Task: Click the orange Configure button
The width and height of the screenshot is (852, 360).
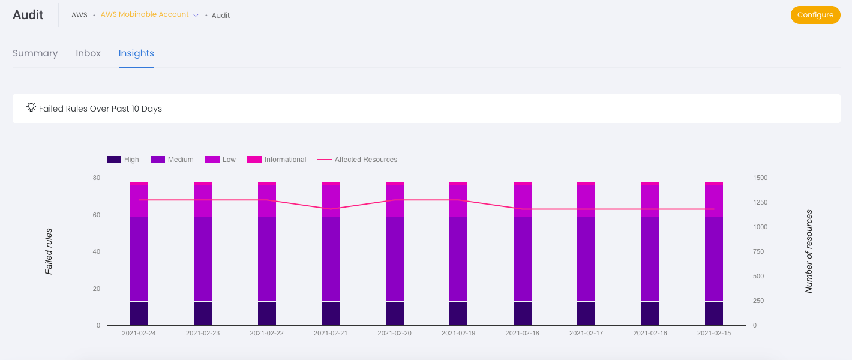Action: pos(815,15)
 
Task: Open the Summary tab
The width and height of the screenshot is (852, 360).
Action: pos(35,53)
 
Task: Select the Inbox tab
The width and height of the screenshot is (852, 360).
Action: pos(88,53)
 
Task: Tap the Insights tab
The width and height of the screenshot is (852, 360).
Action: pos(136,53)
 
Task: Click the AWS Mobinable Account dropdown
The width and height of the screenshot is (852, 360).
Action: pos(149,14)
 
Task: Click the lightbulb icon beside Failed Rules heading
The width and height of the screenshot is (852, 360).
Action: pos(31,108)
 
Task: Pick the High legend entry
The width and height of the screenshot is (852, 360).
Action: pos(123,160)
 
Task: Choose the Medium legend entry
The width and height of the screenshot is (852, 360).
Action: pos(172,160)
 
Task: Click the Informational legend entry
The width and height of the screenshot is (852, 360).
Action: pos(277,160)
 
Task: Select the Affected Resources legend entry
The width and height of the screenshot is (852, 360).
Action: pos(358,160)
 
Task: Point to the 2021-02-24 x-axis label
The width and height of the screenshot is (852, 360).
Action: pos(139,332)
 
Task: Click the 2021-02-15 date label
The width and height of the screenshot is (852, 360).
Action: pos(714,332)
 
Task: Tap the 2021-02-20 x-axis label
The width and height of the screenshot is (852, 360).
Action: pos(394,332)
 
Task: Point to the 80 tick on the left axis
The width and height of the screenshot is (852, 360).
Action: pos(97,178)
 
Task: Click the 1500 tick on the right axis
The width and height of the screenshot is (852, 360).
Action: pos(760,178)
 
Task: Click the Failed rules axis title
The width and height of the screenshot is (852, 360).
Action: pos(49,251)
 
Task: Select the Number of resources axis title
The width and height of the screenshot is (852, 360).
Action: pos(809,251)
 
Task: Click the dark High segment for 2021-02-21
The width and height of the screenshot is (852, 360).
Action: pos(331,313)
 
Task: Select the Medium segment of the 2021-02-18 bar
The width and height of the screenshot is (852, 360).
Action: pos(523,259)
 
